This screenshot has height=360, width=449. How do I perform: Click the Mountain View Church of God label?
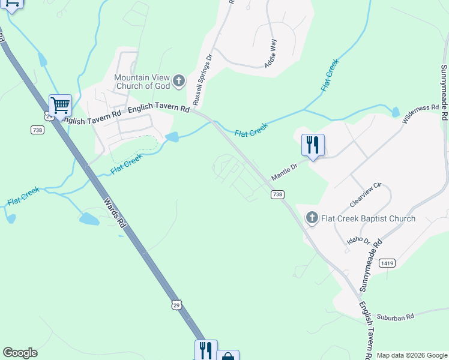(x=143, y=82)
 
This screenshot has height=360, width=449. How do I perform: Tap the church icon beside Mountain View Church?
(x=178, y=80)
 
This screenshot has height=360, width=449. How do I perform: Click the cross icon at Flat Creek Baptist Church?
(x=312, y=218)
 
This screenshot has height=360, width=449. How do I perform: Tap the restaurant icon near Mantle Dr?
(x=313, y=145)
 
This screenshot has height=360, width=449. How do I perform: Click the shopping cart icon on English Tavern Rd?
(x=60, y=106)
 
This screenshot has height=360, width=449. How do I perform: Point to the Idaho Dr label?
(x=358, y=240)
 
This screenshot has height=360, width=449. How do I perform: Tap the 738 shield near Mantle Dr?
(x=277, y=194)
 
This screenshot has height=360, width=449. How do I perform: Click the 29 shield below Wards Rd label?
(x=175, y=305)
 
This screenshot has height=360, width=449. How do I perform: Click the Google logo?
(x=20, y=353)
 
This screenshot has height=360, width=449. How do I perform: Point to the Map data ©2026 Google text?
(x=411, y=355)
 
